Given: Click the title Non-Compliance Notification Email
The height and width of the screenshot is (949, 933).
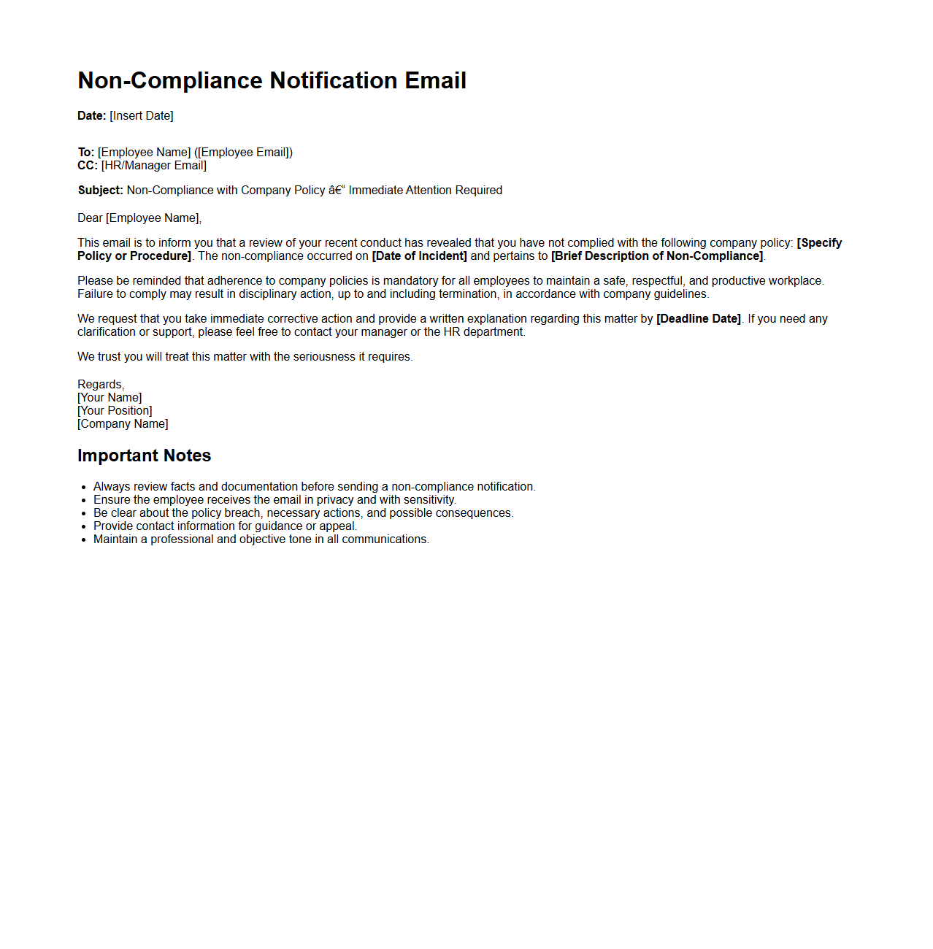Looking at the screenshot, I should pyautogui.click(x=272, y=80).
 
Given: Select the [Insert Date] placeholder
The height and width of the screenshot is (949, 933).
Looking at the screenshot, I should pyautogui.click(x=142, y=116).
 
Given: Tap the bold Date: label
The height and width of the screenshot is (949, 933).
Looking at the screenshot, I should pyautogui.click(x=92, y=116).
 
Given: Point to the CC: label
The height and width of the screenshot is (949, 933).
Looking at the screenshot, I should pyautogui.click(x=88, y=166).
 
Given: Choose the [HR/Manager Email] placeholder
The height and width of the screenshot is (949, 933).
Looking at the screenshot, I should pyautogui.click(x=154, y=166).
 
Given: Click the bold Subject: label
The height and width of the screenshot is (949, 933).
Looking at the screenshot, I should pyautogui.click(x=101, y=191).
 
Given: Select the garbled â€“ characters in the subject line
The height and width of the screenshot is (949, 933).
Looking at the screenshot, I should pyautogui.click(x=337, y=191).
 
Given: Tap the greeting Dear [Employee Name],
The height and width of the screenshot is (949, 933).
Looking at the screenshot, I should pyautogui.click(x=139, y=218).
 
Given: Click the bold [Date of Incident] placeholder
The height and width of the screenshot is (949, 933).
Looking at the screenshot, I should pyautogui.click(x=419, y=256).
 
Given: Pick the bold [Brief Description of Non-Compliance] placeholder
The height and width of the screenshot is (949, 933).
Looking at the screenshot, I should pyautogui.click(x=657, y=256).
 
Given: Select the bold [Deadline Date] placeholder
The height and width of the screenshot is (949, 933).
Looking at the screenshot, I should pyautogui.click(x=699, y=319).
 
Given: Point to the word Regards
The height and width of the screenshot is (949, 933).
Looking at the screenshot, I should pyautogui.click(x=101, y=385).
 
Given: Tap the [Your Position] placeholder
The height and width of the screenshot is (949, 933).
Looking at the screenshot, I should pyautogui.click(x=115, y=411).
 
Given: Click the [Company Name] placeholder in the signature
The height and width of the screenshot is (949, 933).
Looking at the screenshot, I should pyautogui.click(x=123, y=424).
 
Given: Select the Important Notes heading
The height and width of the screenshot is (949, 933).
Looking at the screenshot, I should pyautogui.click(x=144, y=456).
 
